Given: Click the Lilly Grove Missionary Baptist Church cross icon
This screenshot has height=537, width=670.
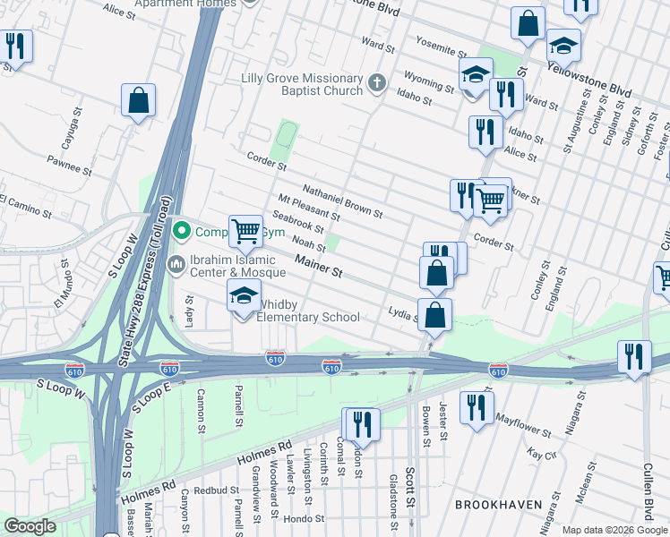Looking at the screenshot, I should pyautogui.click(x=377, y=85).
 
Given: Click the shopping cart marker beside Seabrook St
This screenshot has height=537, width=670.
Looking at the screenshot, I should pyautogui.click(x=245, y=230).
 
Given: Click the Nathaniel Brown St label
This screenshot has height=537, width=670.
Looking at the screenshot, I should pyautogui.click(x=342, y=202).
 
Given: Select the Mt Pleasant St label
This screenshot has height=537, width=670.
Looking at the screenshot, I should pyautogui.click(x=309, y=209).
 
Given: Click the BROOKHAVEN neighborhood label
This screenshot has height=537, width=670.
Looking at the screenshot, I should pyautogui.click(x=498, y=505).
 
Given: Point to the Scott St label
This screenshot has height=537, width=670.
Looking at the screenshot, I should pyautogui.click(x=409, y=484).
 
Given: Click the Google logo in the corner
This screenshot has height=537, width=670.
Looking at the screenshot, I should pyautogui.click(x=30, y=526).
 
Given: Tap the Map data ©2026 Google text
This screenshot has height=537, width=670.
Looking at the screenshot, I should pyautogui.click(x=614, y=530).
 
